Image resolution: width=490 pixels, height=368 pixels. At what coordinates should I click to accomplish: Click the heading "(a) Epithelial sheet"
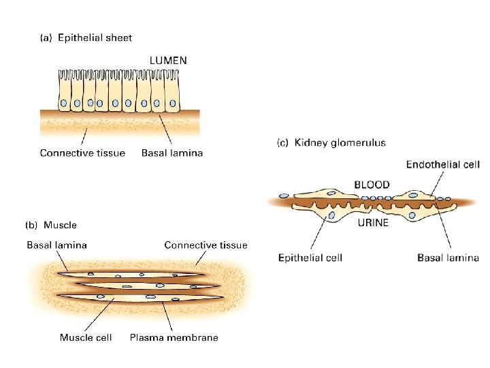pos(86,38)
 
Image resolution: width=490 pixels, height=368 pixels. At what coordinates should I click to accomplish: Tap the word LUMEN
pos(168,61)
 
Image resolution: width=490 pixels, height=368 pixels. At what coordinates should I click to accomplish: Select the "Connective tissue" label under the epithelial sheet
pos(82,153)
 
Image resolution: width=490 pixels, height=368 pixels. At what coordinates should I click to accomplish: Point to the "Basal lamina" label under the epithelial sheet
pos(171,153)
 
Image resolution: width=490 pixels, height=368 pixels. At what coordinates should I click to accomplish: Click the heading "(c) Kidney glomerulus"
pos(331,143)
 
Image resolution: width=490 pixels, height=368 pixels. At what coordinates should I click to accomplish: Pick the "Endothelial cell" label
pos(442,164)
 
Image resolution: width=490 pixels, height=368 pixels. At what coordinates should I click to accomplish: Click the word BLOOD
pos(372,185)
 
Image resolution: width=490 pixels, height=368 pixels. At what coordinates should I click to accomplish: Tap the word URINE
pos(373,223)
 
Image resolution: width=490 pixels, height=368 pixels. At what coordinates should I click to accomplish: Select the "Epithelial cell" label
pos(310,258)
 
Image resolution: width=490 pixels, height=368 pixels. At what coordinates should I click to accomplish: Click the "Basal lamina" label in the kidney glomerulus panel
pos(448,258)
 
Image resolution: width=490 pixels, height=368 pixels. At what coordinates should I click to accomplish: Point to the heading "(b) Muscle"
pos(51,225)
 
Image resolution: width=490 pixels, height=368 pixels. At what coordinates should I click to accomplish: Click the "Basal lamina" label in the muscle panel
pos(56,245)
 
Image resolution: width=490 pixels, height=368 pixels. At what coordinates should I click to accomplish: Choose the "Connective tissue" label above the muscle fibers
pos(206,245)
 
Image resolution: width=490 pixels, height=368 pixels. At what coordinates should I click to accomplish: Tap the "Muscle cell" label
pos(86,337)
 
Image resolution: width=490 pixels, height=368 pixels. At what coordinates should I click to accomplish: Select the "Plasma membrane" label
pos(174,337)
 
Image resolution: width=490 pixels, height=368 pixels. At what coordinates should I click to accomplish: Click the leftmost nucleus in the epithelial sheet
pos(63,104)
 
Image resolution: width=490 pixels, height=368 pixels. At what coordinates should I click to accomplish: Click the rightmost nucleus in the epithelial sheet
pos(173,104)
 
